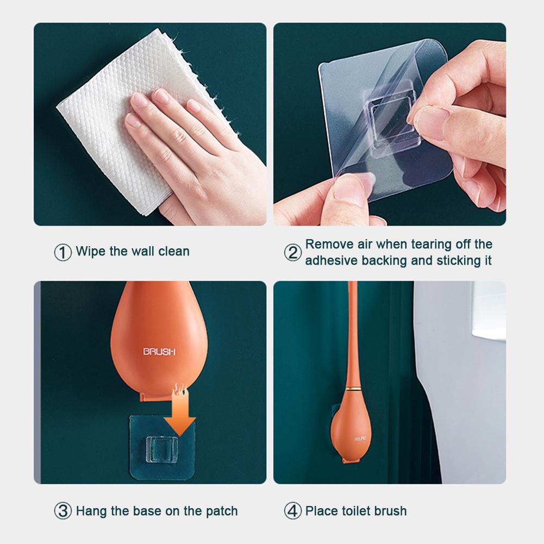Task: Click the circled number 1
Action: pos(62,252)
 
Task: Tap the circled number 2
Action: pos(292,253)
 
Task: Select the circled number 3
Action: pos(62,511)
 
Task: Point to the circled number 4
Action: pos(292,511)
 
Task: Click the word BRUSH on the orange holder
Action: pos(159,352)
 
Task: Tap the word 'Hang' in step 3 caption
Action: pos(90,511)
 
